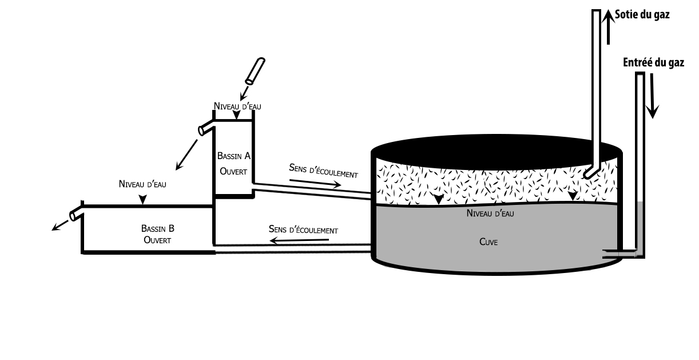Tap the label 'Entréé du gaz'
point(653,63)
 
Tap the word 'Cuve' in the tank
point(490,242)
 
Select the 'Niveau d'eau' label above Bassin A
point(238,106)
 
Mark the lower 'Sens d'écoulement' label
point(303,229)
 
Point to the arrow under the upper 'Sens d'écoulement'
point(315,183)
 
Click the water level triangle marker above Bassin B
point(142,200)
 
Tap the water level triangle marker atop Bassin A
point(237,116)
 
